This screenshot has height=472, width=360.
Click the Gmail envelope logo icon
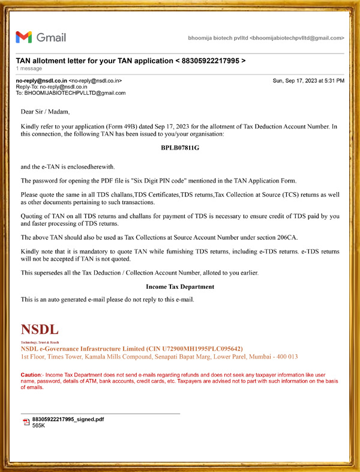click(24, 37)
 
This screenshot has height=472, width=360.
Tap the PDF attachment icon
click(26, 422)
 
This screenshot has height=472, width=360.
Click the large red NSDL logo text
click(40, 330)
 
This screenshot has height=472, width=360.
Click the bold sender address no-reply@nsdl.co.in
click(41, 80)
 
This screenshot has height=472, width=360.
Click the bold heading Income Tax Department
click(179, 287)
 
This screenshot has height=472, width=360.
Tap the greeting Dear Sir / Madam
click(46, 112)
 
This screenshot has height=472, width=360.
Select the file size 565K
click(39, 426)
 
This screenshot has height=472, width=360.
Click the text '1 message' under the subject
click(28, 69)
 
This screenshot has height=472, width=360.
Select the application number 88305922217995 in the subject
click(209, 61)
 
